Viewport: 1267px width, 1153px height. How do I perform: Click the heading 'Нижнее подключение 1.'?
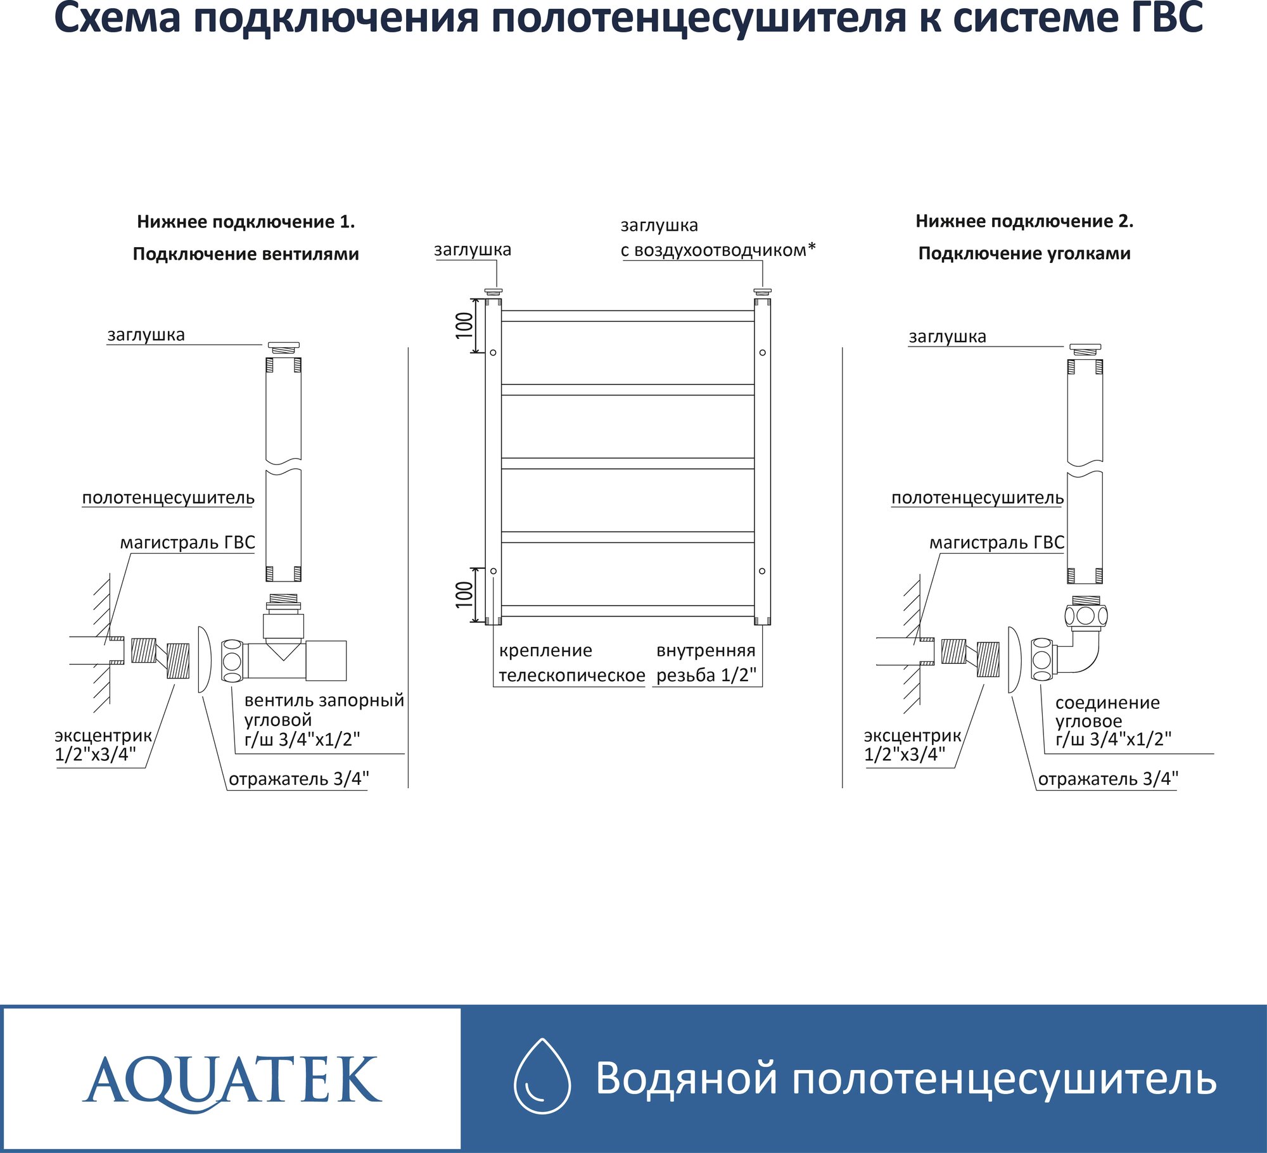[246, 222]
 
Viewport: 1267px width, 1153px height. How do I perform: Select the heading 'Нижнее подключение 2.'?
[1024, 221]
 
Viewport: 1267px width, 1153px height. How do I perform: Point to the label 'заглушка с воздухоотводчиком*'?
[717, 238]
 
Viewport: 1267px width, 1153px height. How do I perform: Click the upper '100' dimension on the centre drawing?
[464, 325]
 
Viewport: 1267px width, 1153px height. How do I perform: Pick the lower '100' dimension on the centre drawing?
[464, 595]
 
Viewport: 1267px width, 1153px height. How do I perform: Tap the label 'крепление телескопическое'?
[571, 663]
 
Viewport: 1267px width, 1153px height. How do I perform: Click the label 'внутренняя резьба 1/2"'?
[706, 663]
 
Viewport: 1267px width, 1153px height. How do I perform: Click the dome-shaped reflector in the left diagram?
[203, 659]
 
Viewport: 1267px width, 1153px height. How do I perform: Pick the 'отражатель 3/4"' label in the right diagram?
[1108, 779]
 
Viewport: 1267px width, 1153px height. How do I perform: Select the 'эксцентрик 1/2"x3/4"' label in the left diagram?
[103, 745]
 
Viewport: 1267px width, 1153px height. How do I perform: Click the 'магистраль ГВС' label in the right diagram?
[996, 542]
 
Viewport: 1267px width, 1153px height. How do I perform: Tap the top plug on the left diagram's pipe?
[283, 347]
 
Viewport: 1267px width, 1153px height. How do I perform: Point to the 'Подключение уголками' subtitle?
[1024, 253]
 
